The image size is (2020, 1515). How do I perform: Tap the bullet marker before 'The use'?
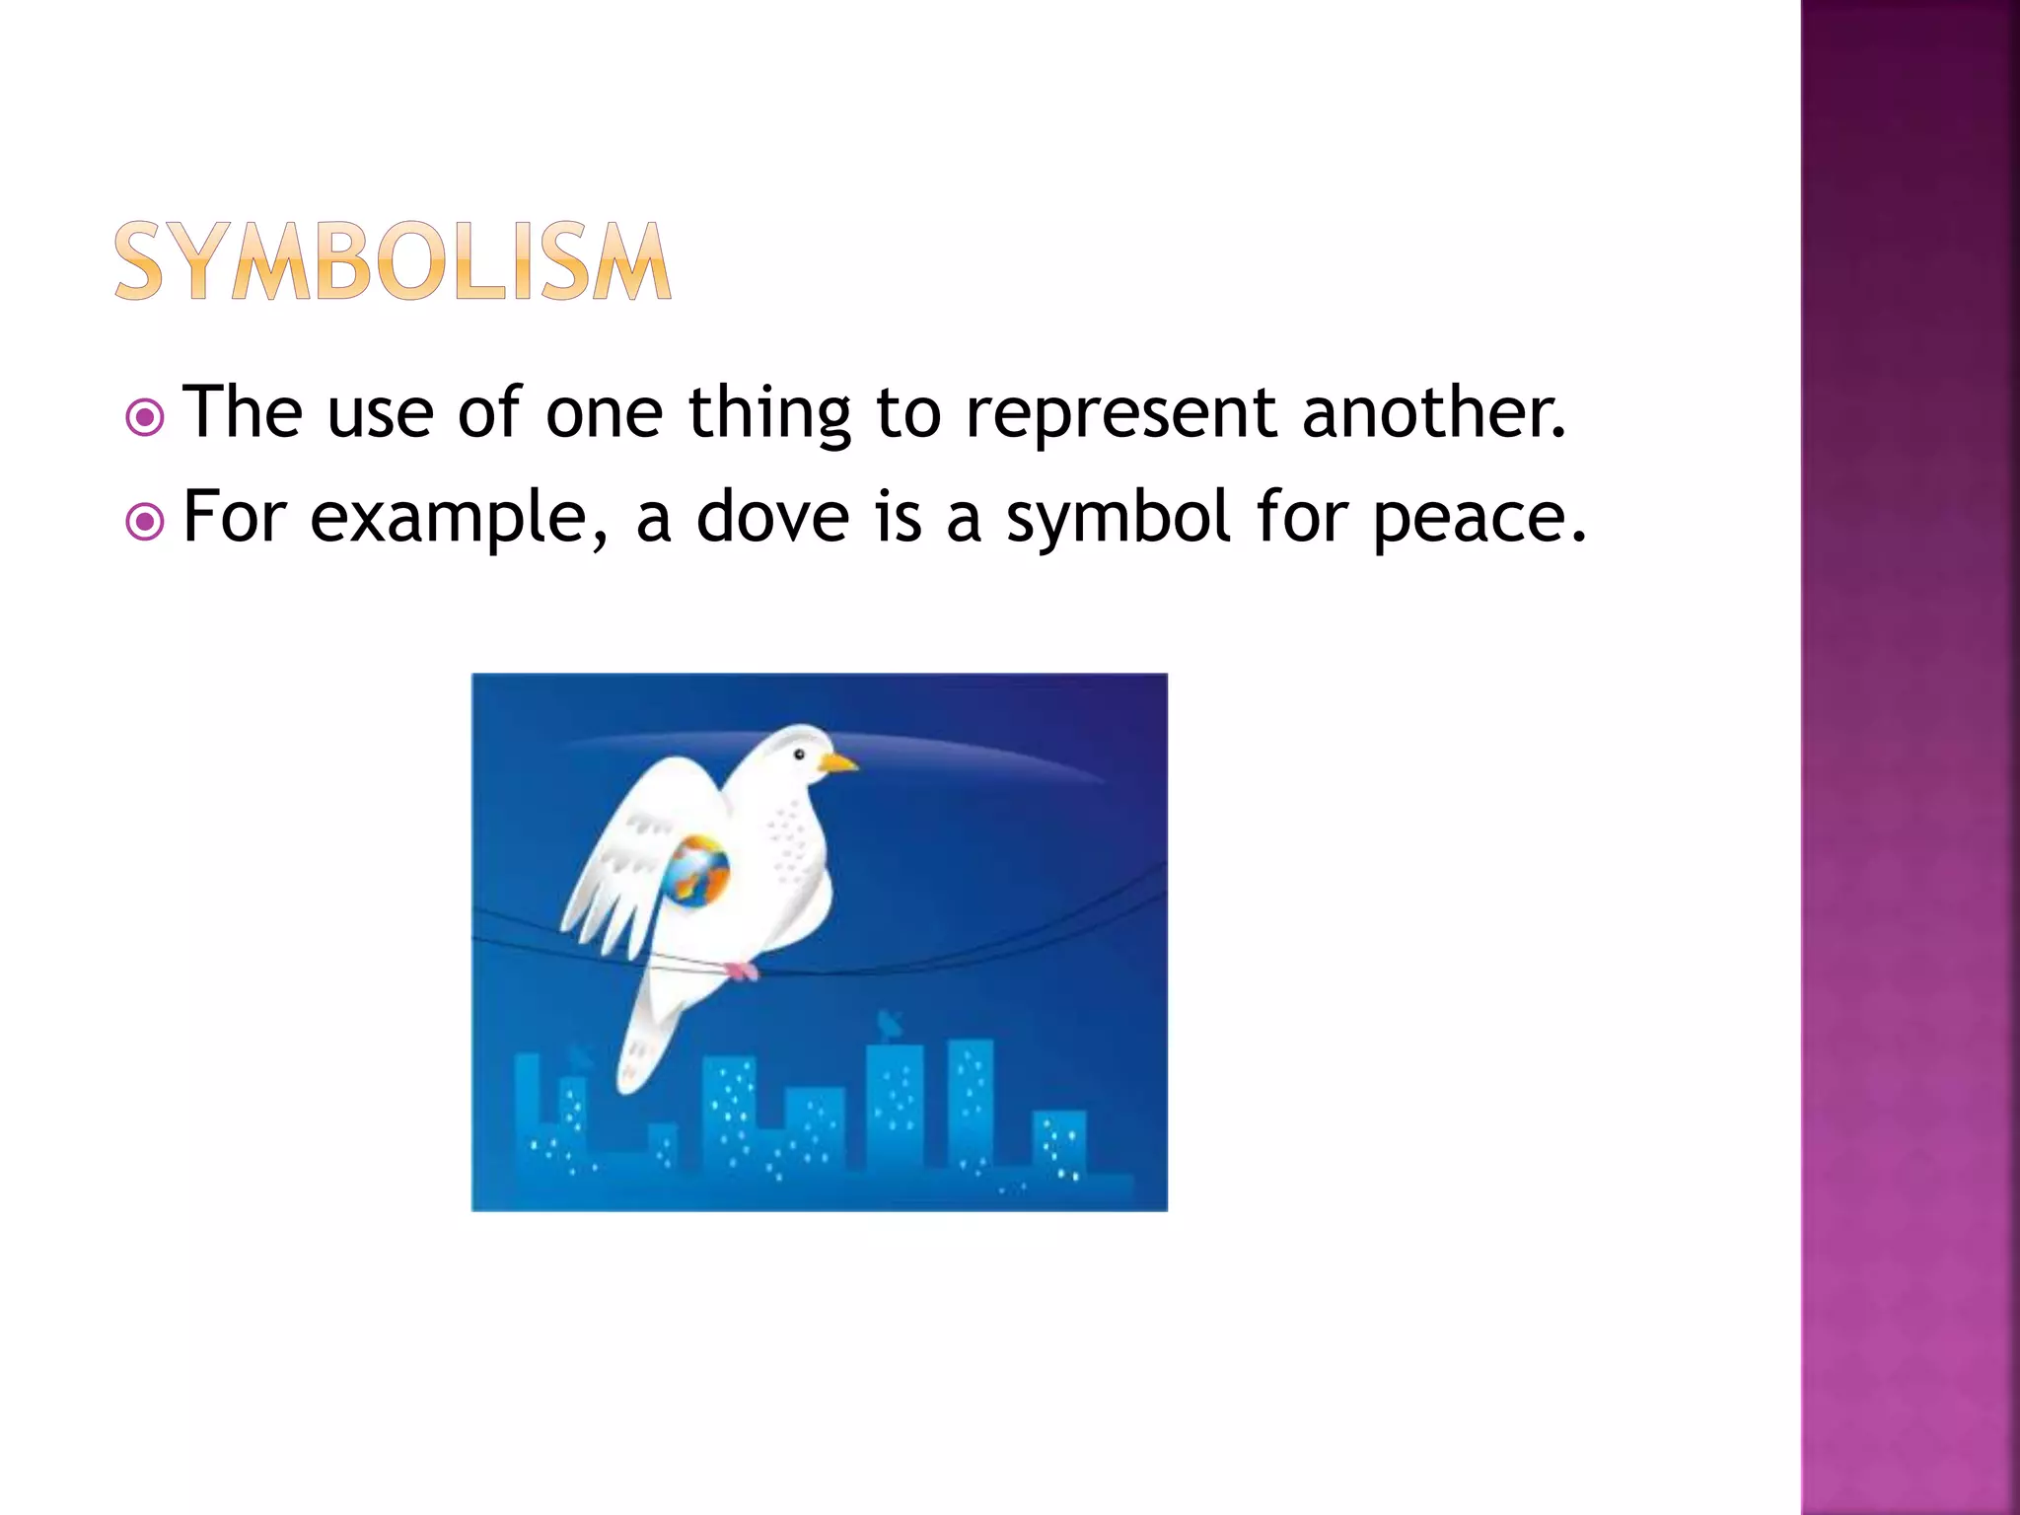click(x=145, y=418)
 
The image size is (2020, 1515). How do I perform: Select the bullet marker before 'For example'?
click(x=145, y=522)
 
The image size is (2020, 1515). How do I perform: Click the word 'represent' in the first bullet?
click(x=1120, y=414)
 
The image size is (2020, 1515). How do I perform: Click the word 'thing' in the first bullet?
click(x=769, y=414)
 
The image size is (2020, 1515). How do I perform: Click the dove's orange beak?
click(x=837, y=762)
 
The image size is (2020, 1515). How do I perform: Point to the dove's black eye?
click(x=800, y=756)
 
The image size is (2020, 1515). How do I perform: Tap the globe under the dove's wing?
click(x=697, y=870)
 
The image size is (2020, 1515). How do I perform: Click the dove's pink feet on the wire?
click(x=742, y=972)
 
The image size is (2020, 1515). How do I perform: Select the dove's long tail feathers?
click(x=646, y=1036)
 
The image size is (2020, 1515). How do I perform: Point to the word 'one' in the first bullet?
click(x=604, y=414)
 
